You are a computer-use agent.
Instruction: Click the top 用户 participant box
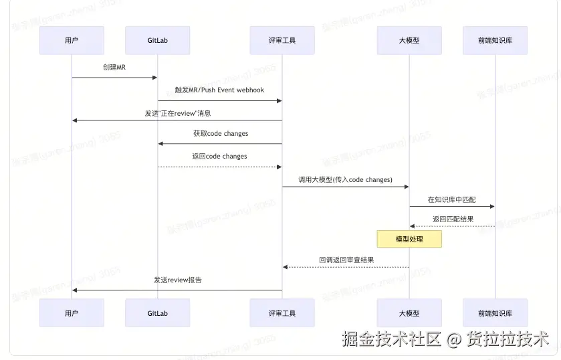tap(72, 40)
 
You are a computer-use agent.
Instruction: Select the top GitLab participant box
tap(157, 40)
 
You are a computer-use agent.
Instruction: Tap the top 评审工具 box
tap(282, 40)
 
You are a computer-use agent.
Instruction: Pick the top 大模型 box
tap(409, 40)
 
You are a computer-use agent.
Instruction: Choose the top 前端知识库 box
tap(495, 40)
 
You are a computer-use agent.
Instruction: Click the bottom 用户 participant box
tap(72, 312)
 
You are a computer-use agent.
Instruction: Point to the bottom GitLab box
tap(157, 312)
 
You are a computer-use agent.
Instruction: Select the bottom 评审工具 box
tap(282, 312)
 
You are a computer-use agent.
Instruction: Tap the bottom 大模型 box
tap(409, 312)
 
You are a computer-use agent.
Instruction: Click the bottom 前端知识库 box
tap(495, 312)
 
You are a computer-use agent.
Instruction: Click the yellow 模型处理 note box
tap(409, 239)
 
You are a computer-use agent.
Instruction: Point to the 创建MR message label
tap(114, 68)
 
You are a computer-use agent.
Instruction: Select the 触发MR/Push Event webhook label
tap(219, 90)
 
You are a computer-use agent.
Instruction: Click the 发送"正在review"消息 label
tap(177, 113)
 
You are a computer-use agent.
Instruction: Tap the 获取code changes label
tap(221, 133)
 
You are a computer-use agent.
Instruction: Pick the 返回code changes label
tap(219, 157)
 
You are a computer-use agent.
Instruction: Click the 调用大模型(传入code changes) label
tap(345, 179)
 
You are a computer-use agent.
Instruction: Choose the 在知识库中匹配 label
tap(451, 199)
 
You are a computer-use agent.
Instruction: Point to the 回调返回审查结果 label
tap(346, 260)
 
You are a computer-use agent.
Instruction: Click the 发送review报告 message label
tap(177, 280)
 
